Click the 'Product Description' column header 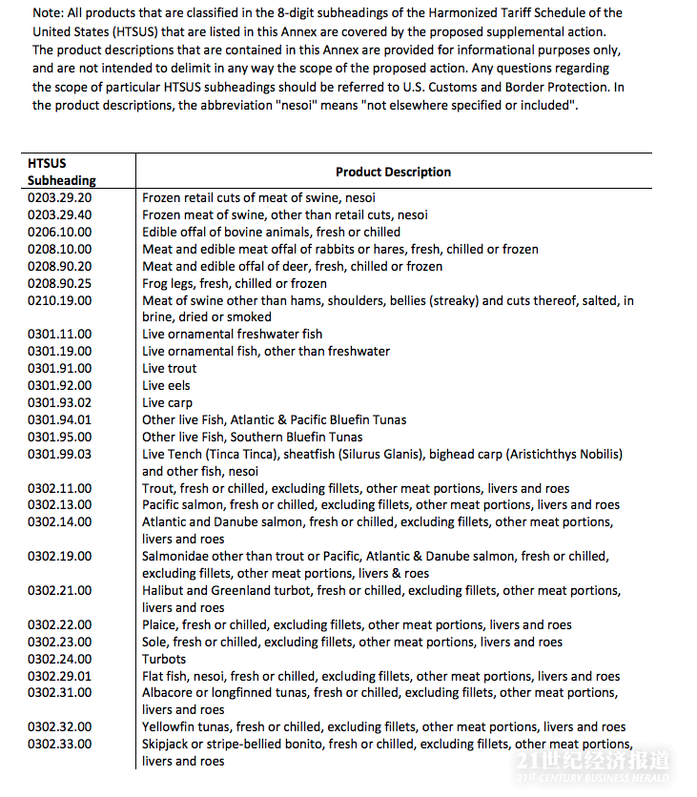393,173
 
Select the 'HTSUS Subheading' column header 61,172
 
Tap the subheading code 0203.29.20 60,197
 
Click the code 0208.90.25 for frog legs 60,283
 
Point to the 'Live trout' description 170,369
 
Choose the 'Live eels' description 166,386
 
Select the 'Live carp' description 167,403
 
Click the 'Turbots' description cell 164,659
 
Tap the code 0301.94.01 60,420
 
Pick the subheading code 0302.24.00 60,659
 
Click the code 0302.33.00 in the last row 60,744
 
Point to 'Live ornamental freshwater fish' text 233,335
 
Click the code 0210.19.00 60,300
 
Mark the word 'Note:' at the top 49,12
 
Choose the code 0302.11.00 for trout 60,488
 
